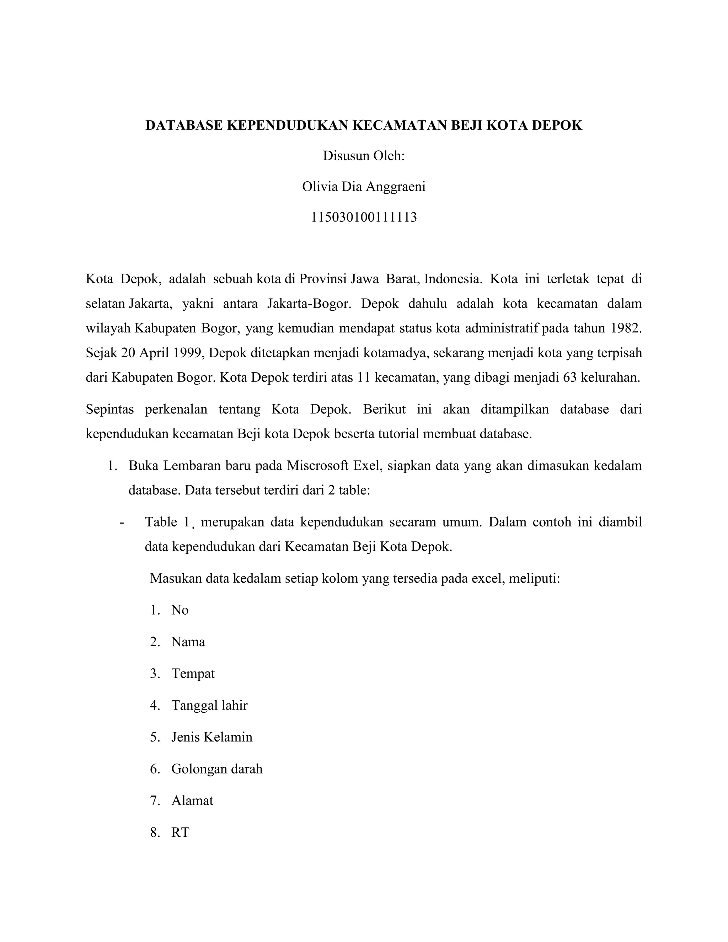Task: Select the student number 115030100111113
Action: (x=364, y=217)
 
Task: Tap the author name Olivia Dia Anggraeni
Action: (x=364, y=186)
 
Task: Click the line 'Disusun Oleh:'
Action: (x=364, y=156)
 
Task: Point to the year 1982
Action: (x=626, y=328)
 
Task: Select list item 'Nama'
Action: (x=188, y=642)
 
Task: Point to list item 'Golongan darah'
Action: (x=217, y=769)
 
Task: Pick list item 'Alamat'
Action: (x=192, y=801)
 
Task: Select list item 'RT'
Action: (x=180, y=832)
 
